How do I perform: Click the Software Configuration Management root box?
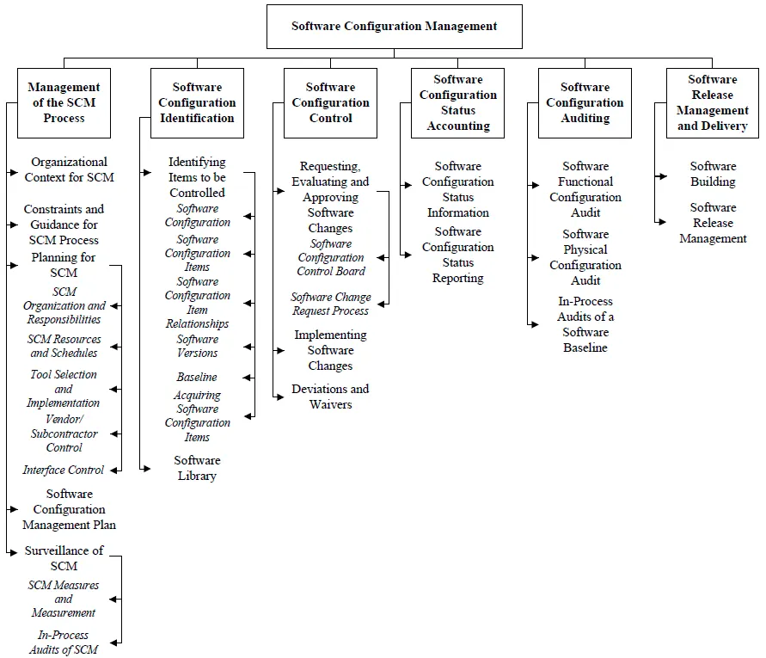(x=394, y=27)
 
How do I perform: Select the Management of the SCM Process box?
(x=64, y=103)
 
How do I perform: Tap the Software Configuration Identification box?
(x=197, y=103)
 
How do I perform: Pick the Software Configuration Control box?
(x=330, y=103)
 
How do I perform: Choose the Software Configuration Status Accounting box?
(x=457, y=103)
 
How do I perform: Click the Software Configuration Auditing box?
(x=585, y=103)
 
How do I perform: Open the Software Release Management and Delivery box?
(x=712, y=103)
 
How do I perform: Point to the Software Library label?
(x=197, y=468)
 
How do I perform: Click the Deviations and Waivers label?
(x=330, y=397)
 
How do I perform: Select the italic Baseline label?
(x=197, y=377)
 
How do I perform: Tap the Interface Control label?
(x=63, y=470)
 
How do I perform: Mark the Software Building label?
(x=713, y=174)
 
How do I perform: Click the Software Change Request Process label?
(x=331, y=304)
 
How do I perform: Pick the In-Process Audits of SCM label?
(x=64, y=643)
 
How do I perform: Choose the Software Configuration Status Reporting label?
(x=457, y=255)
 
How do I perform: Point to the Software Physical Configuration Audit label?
(x=585, y=257)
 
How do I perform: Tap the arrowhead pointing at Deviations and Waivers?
(x=279, y=397)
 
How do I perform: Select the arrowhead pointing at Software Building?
(x=662, y=175)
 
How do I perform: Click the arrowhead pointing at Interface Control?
(x=115, y=470)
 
